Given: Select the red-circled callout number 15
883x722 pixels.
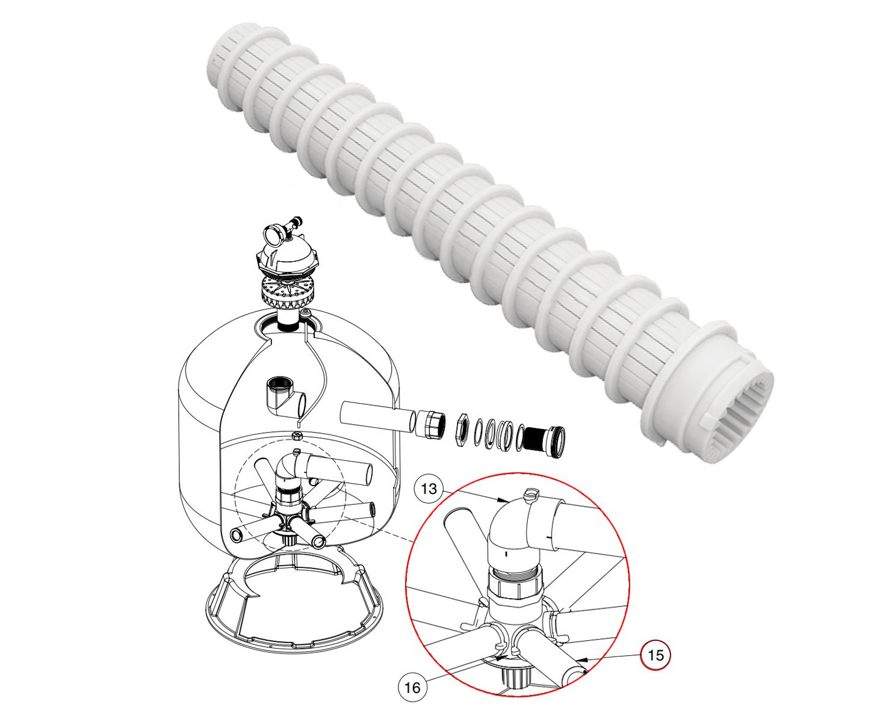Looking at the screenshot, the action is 656,655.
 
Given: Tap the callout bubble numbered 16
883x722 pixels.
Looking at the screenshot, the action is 412,687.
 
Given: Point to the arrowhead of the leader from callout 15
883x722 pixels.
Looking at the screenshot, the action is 581,659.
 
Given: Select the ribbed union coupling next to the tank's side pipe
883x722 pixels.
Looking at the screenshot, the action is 431,424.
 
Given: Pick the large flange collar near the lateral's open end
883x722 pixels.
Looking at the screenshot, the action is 693,376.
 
